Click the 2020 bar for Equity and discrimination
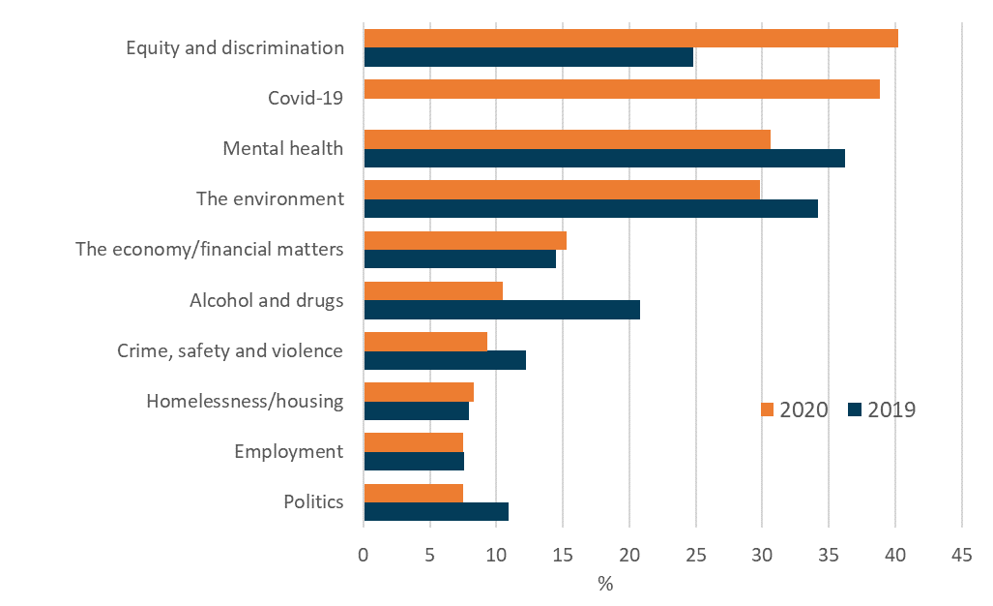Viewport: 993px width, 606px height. click(x=630, y=38)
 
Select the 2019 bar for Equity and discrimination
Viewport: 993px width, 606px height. click(x=528, y=57)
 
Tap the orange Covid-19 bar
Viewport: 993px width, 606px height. click(x=622, y=89)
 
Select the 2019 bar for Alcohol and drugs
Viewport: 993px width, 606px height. click(x=502, y=310)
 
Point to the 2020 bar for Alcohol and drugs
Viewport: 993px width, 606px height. click(x=433, y=290)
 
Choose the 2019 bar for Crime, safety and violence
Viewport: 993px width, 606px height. click(x=445, y=360)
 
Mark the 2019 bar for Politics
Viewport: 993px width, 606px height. click(x=436, y=511)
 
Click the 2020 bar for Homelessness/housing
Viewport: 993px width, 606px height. click(x=419, y=391)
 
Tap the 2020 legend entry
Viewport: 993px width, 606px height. click(x=795, y=409)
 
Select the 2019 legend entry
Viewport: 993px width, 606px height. click(x=881, y=409)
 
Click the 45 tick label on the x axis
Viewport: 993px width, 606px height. click(x=961, y=556)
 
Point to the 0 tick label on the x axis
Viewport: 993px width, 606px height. click(x=364, y=556)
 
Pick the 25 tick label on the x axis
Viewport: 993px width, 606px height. click(x=695, y=556)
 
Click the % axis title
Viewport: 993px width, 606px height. click(x=605, y=584)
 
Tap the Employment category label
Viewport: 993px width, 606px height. click(x=288, y=451)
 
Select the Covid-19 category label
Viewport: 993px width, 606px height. click(x=306, y=98)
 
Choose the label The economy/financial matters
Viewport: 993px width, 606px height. click(x=210, y=249)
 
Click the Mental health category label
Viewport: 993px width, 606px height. click(x=282, y=148)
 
